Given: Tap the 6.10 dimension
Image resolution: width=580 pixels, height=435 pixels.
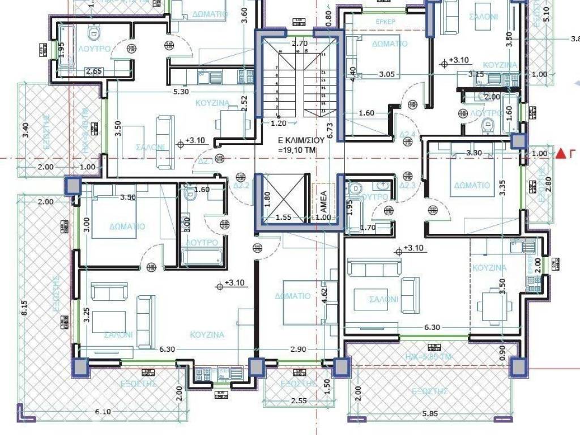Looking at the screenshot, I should pyautogui.click(x=104, y=412).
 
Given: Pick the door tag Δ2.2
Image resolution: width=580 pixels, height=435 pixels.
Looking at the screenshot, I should pyautogui.click(x=242, y=185).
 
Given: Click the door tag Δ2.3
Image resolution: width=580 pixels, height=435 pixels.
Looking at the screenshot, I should pyautogui.click(x=408, y=185).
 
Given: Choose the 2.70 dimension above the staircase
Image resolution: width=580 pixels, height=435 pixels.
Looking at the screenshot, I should pyautogui.click(x=299, y=43).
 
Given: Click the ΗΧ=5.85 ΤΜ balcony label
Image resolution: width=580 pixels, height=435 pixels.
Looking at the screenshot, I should pyautogui.click(x=433, y=358).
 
